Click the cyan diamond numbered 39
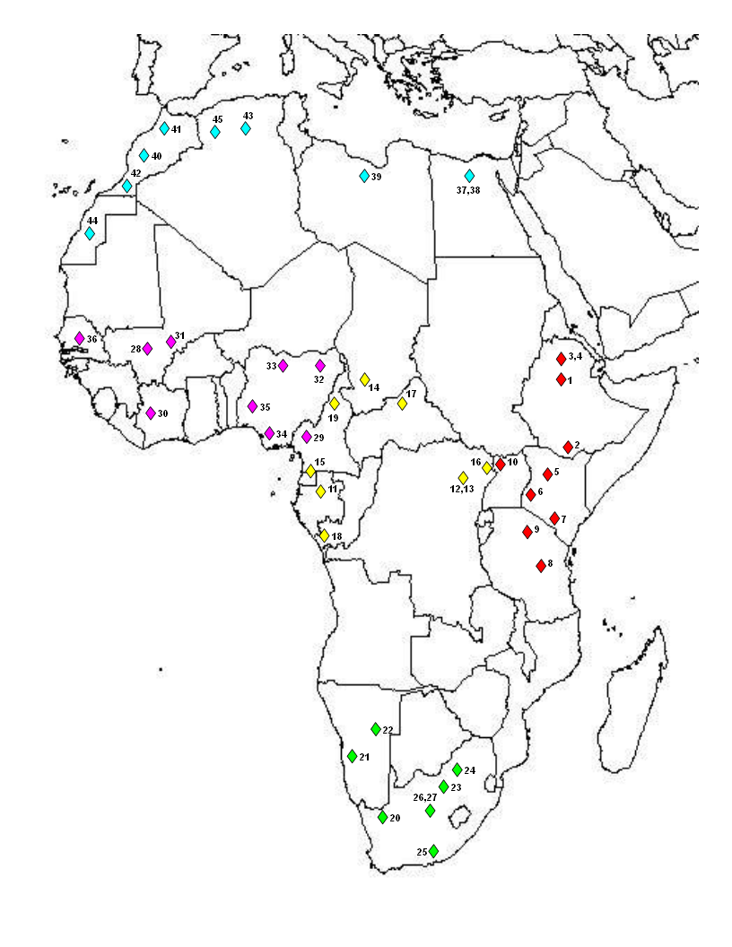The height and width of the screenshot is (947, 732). [364, 176]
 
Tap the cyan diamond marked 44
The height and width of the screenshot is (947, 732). [90, 233]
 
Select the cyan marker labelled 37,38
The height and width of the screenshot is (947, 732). [469, 176]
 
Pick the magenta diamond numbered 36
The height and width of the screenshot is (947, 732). [79, 338]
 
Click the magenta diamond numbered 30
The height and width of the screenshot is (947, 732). [151, 413]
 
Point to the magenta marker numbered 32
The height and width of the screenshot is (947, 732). [320, 365]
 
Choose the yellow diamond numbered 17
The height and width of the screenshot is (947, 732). [402, 404]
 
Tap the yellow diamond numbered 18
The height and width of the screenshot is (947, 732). [325, 535]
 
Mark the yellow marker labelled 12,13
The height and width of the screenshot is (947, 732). [463, 477]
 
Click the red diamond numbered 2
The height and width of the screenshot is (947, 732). [568, 447]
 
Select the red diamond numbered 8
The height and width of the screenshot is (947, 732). [541, 566]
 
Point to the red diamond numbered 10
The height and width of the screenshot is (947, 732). [501, 464]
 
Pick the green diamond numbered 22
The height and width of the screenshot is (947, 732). [376, 729]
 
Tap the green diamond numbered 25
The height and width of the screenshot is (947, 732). [433, 850]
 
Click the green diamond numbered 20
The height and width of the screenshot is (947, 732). [382, 817]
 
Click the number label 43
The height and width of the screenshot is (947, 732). [248, 117]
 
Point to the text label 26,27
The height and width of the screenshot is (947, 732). [424, 796]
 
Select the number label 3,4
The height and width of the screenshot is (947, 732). [576, 357]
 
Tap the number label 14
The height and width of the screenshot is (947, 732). [374, 387]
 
